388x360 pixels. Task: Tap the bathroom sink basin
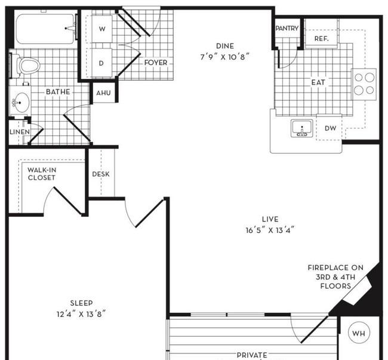tap(20, 101)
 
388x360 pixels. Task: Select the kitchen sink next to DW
tap(302, 128)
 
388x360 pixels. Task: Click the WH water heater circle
tap(359, 333)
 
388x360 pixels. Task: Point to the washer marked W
tap(102, 29)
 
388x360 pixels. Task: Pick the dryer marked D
tap(101, 63)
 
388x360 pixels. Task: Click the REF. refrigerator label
tap(321, 39)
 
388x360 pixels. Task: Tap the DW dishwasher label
tap(330, 128)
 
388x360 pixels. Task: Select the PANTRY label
tap(287, 29)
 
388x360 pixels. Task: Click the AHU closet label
tap(103, 93)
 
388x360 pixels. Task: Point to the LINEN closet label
tap(20, 132)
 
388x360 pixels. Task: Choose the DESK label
tap(101, 174)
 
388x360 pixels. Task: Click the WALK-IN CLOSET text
tap(42, 174)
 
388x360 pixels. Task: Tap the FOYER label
tap(156, 63)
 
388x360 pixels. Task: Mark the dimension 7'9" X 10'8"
tap(224, 57)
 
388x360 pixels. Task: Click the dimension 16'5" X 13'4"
tap(270, 230)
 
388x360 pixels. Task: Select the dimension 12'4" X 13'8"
tap(81, 314)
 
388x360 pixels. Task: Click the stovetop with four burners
tap(364, 84)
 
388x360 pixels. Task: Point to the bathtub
tap(45, 29)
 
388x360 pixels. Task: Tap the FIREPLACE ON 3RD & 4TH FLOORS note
tap(335, 277)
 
